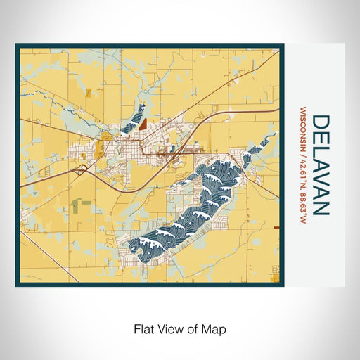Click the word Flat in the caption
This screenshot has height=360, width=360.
(x=143, y=328)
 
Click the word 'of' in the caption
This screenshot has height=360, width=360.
(x=191, y=328)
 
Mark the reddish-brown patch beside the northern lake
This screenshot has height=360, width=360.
(x=143, y=122)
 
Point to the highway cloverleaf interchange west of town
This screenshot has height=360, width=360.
(x=83, y=168)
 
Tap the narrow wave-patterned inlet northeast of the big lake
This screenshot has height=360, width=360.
(x=259, y=146)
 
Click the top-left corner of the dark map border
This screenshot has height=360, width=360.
(x=17, y=46)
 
